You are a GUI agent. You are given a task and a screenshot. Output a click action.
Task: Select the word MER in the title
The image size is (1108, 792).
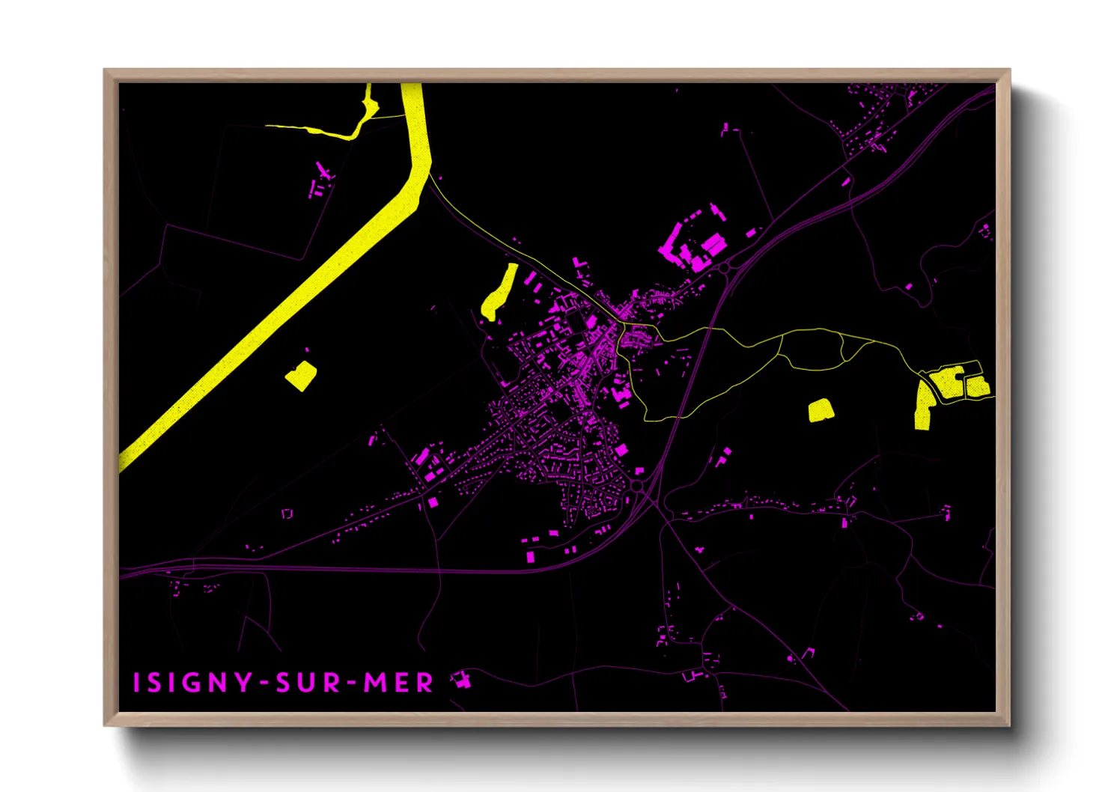(398, 683)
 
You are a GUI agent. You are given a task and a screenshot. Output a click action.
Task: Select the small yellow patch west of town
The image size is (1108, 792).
(301, 375)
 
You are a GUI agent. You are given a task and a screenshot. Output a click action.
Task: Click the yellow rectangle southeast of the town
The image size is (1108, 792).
(821, 409)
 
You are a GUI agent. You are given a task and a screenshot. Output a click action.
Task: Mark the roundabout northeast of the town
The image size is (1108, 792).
(724, 267)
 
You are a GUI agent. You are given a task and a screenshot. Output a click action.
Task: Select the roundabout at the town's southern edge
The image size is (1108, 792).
(636, 487)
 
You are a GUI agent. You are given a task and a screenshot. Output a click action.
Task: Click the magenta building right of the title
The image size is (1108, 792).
(461, 680)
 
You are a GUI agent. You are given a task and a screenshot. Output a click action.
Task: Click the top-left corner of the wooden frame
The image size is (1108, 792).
(105, 70)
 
